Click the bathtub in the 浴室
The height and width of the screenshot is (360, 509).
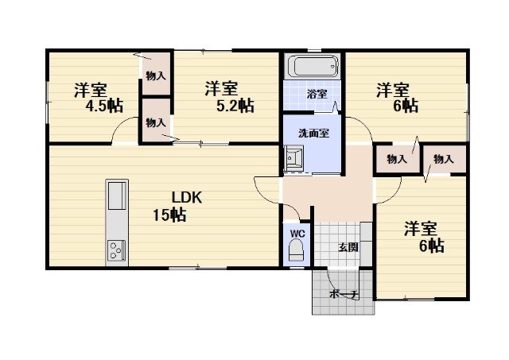[313, 66]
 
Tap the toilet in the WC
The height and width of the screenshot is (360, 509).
[296, 250]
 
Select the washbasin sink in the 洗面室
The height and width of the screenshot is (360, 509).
[293, 158]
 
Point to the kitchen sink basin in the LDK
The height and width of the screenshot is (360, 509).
[117, 195]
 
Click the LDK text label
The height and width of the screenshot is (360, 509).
[187, 198]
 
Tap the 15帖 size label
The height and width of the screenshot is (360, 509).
[169, 215]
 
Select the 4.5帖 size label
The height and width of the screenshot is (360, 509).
[104, 106]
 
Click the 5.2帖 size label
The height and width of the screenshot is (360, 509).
[235, 106]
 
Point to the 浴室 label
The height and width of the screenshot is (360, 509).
[317, 94]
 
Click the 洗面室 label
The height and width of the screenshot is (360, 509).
[313, 134]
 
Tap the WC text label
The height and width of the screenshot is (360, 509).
[297, 233]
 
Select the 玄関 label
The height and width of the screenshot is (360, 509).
[348, 247]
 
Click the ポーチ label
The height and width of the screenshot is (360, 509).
[344, 295]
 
